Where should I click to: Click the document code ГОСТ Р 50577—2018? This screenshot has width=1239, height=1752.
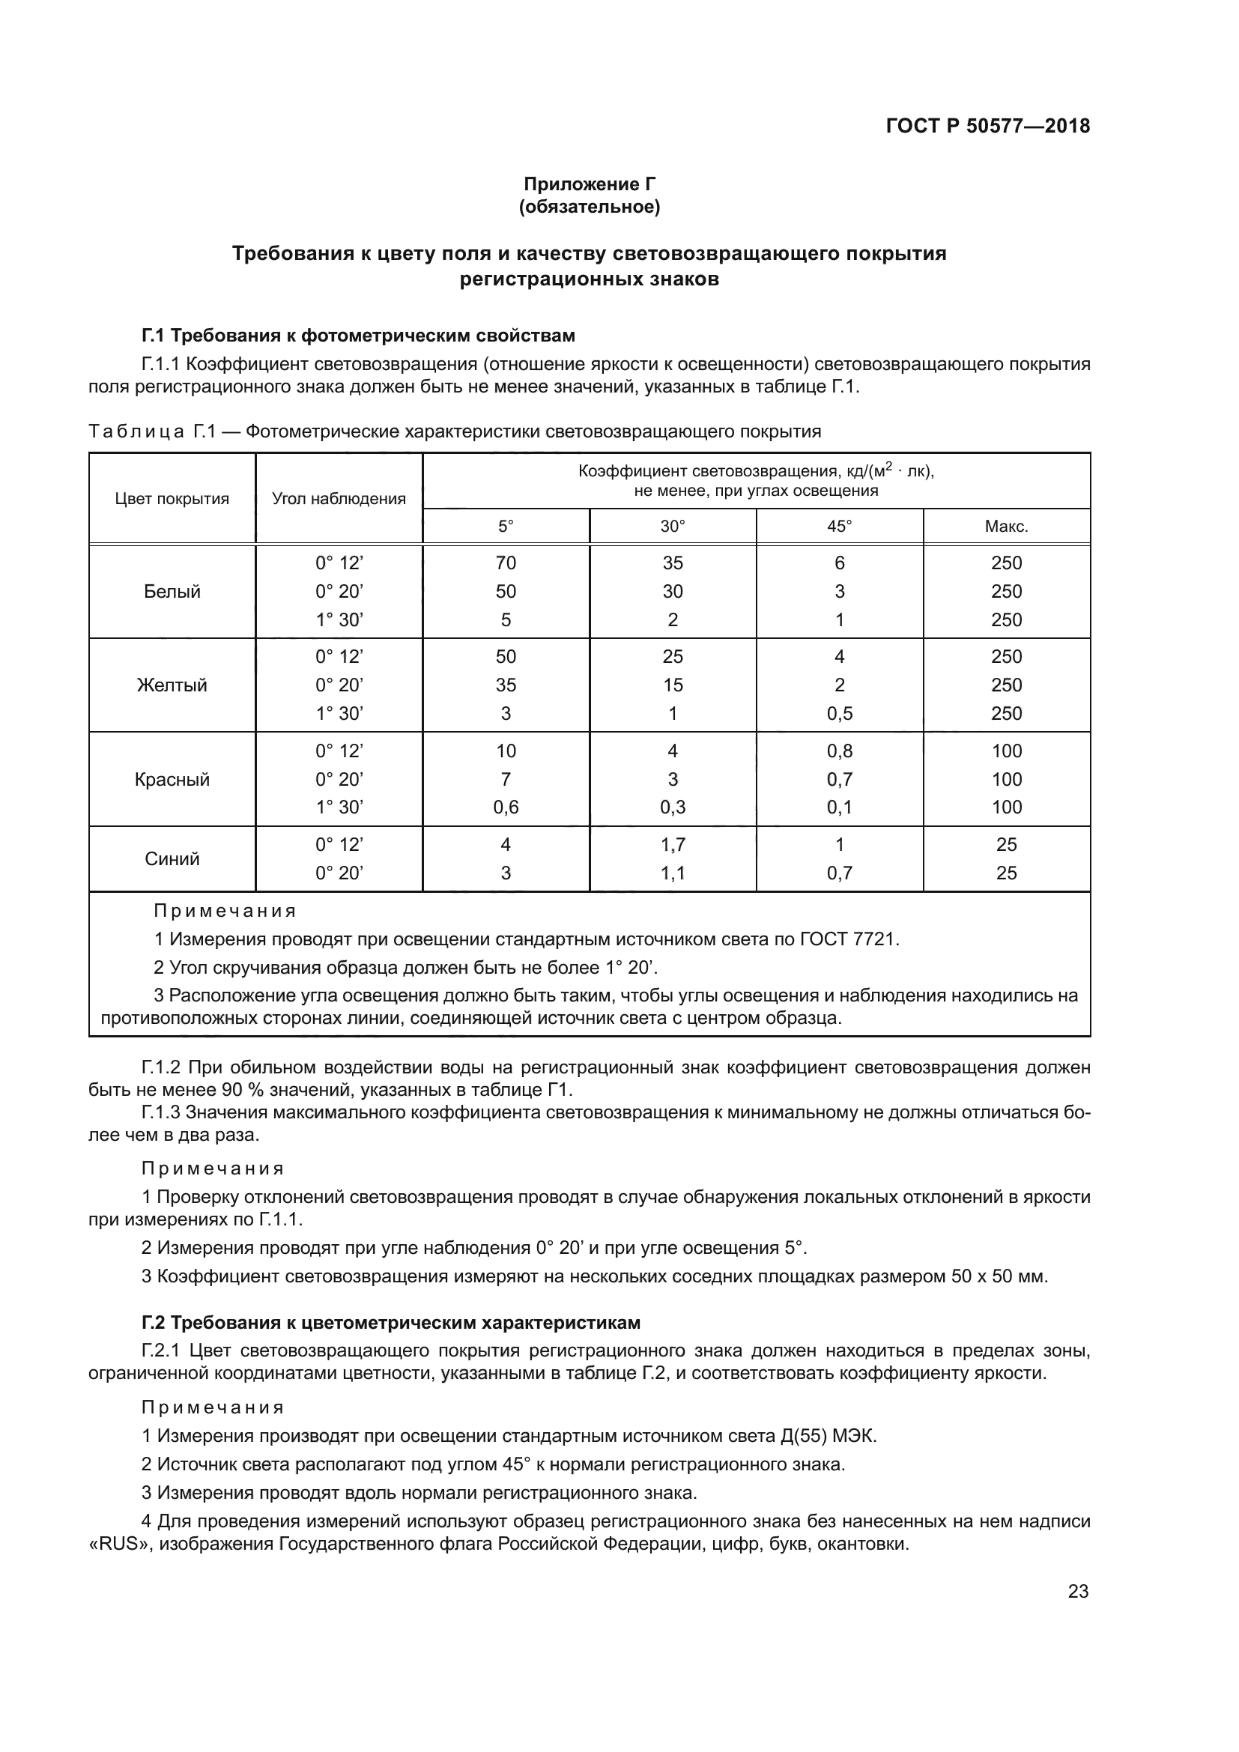coord(987,126)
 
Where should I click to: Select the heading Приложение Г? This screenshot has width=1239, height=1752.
coord(589,184)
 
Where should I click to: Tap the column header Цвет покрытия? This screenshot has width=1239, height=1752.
coord(172,499)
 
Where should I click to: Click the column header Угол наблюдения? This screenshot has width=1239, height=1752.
coord(339,499)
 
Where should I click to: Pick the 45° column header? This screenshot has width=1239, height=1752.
coord(839,527)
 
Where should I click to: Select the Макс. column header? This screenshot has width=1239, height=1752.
coord(1006,527)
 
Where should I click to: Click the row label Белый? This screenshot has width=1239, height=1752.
coord(172,592)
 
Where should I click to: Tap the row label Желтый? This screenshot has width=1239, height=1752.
coord(172,685)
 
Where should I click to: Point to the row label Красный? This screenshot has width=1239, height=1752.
coord(172,779)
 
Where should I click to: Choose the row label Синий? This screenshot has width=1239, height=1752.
coord(172,858)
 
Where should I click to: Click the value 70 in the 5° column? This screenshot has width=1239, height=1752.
coord(505,563)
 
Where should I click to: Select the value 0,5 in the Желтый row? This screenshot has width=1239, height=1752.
coord(839,714)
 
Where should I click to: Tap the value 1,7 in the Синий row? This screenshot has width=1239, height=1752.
coord(672,845)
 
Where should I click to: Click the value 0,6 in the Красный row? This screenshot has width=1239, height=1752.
coord(505,807)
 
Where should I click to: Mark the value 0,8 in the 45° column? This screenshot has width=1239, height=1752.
coord(839,751)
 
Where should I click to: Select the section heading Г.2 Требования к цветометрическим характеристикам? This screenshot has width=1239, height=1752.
coord(390,1322)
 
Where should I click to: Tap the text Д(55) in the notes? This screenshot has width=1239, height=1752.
coord(802,1436)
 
